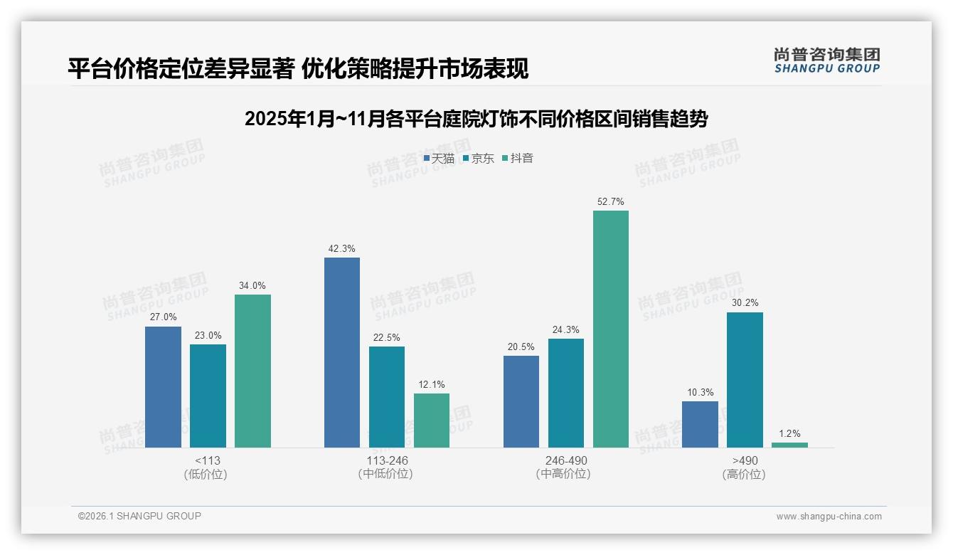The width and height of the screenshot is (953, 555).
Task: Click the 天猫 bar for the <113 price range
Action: (163, 387)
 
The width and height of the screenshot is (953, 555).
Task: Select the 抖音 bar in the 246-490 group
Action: (611, 329)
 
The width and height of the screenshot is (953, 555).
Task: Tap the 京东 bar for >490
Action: (745, 380)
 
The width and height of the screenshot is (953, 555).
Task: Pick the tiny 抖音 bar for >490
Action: (789, 445)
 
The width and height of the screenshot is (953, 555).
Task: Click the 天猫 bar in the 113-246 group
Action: (342, 352)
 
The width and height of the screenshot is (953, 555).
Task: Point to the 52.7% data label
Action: (611, 202)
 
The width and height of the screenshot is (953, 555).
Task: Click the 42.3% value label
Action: (342, 249)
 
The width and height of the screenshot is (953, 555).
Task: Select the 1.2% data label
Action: (789, 433)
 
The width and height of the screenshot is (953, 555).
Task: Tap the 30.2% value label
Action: (745, 303)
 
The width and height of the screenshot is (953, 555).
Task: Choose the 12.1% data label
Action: (432, 385)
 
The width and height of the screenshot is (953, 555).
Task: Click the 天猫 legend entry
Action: (439, 159)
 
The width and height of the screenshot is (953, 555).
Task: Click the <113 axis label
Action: (207, 460)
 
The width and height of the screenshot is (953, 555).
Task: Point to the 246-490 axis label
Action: (566, 460)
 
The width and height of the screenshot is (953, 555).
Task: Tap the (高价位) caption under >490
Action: (744, 475)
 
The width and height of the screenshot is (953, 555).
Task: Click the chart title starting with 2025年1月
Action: (476, 119)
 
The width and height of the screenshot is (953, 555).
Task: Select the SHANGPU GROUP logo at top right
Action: (826, 60)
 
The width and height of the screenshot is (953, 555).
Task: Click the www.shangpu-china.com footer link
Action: (829, 517)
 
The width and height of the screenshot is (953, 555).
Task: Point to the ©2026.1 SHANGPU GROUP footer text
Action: (139, 516)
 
